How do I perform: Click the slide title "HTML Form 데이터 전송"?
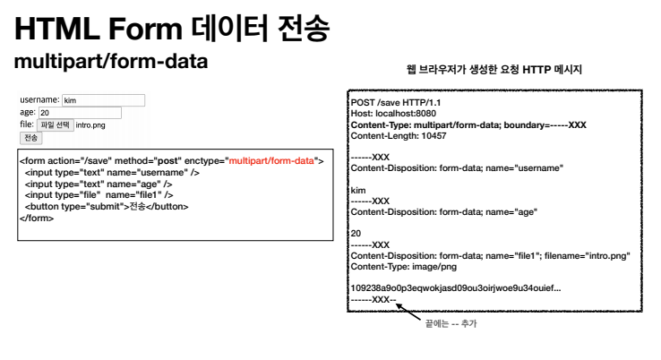click(173, 30)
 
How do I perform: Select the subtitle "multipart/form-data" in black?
click(111, 63)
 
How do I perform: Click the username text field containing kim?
click(103, 100)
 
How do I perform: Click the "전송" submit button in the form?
click(30, 138)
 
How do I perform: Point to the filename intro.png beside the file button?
click(90, 125)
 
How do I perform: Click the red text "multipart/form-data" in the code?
click(271, 161)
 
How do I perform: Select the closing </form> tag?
click(37, 217)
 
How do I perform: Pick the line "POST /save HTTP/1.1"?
click(391, 104)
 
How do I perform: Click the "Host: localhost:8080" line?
click(395, 115)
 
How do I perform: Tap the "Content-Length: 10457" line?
click(399, 136)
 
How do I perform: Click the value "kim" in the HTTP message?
click(358, 190)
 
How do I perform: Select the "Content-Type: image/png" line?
click(404, 267)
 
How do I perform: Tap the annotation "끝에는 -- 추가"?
click(451, 324)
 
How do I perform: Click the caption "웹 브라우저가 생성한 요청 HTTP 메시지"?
click(494, 70)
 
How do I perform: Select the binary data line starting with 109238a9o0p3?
click(456, 288)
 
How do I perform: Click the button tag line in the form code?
click(107, 206)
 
